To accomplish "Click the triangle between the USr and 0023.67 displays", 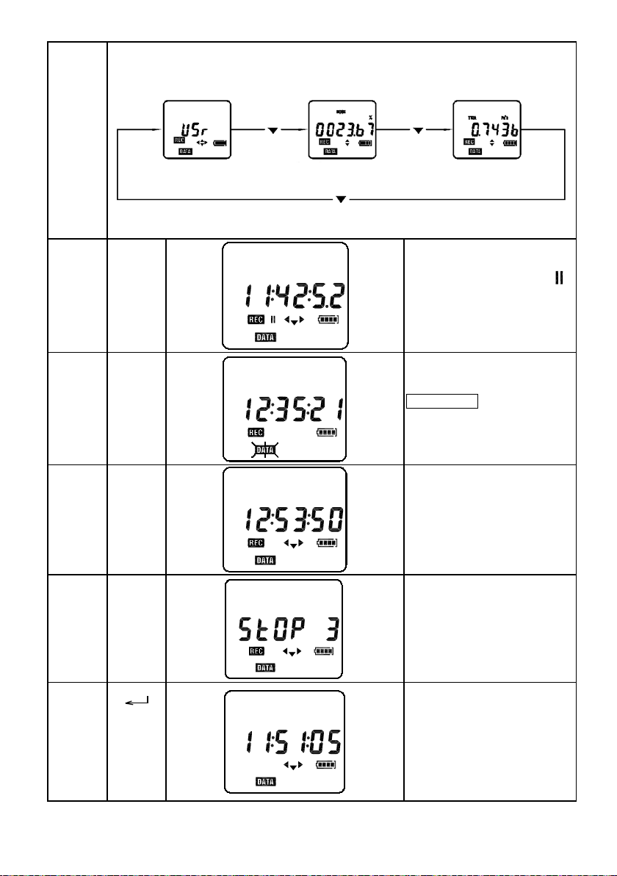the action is click(x=273, y=131).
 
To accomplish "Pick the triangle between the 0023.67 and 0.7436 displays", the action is click(x=419, y=131).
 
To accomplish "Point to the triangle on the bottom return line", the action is click(x=341, y=199).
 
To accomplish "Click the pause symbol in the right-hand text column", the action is click(x=559, y=279).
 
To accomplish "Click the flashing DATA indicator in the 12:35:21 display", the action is click(x=265, y=448).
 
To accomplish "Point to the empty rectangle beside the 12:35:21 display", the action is click(x=442, y=401).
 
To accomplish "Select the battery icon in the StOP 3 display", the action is click(x=324, y=652).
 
